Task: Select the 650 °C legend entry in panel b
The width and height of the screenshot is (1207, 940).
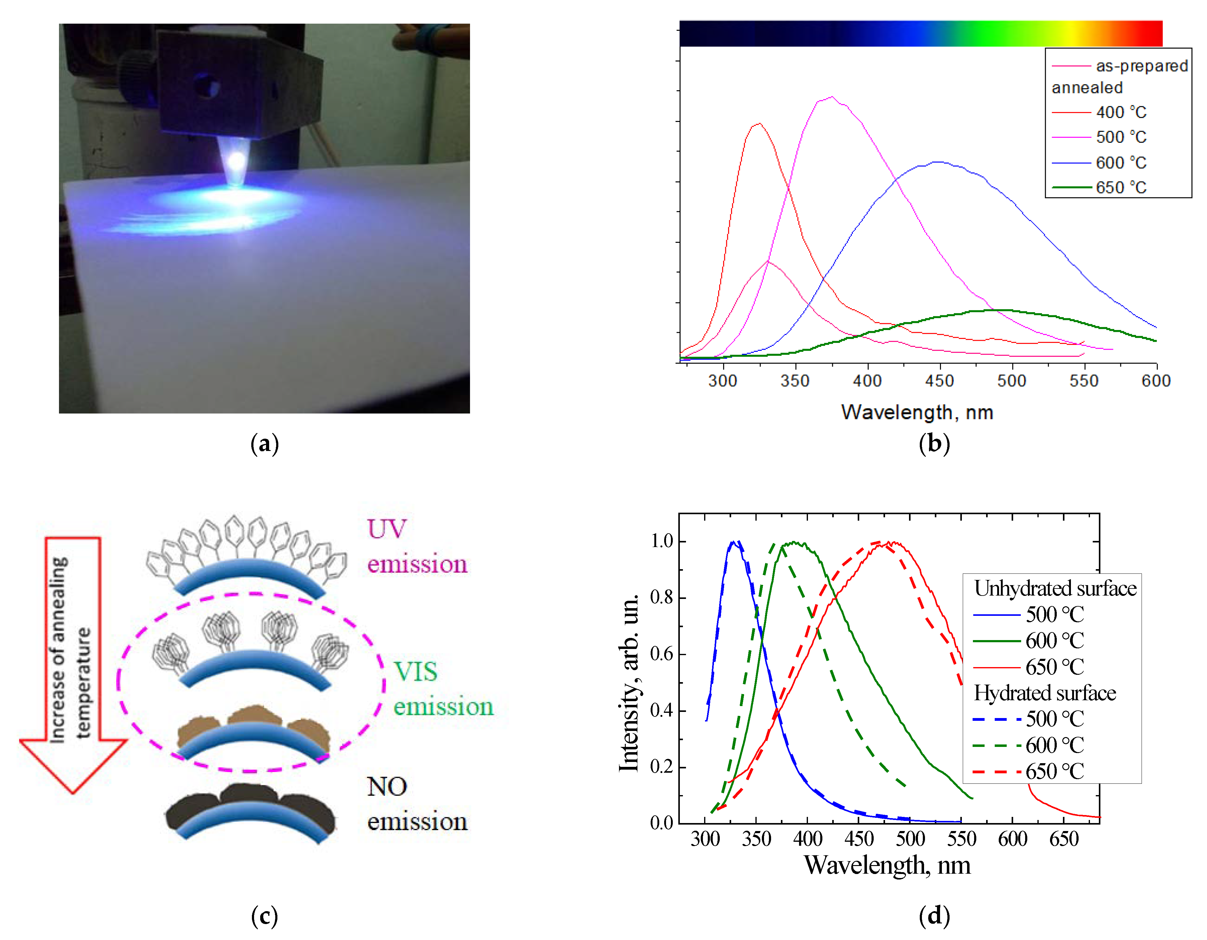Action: pyautogui.click(x=1120, y=188)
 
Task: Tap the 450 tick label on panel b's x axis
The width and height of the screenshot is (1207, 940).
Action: pyautogui.click(x=939, y=381)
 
